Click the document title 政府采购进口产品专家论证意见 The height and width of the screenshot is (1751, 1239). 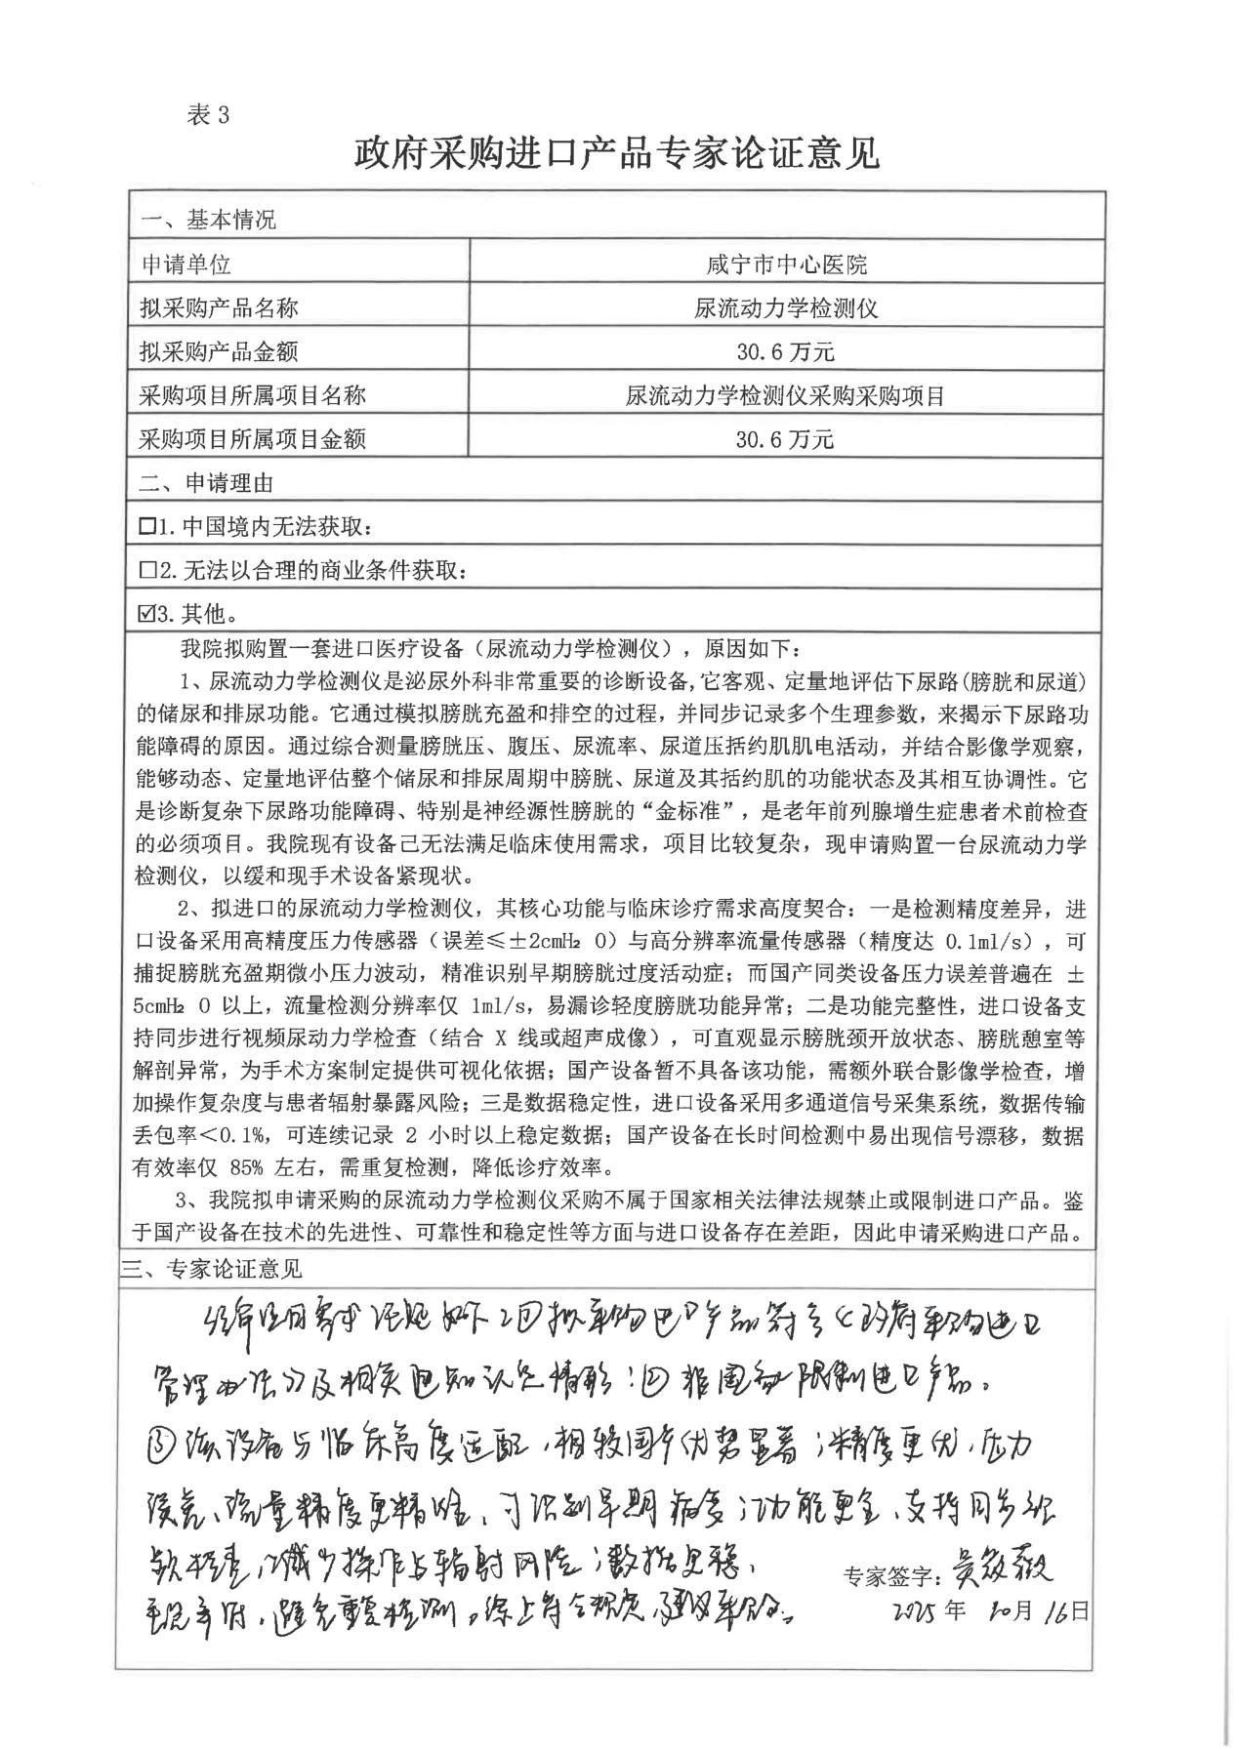click(x=617, y=153)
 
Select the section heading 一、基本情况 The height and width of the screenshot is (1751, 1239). click(x=209, y=221)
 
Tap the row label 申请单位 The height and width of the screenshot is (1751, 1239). click(x=186, y=265)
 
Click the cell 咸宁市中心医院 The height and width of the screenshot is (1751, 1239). click(x=786, y=265)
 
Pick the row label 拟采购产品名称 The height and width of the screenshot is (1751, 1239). click(x=220, y=308)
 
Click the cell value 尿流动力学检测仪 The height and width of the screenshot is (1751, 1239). click(x=786, y=308)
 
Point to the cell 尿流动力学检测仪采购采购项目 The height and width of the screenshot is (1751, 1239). click(x=786, y=396)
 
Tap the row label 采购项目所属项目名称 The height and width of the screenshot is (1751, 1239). click(x=253, y=396)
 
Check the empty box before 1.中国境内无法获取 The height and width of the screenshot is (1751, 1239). click(x=147, y=528)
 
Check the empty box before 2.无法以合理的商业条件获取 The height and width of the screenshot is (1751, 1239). click(x=147, y=571)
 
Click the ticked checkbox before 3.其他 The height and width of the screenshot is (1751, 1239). click(x=147, y=614)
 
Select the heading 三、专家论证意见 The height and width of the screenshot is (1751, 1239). click(x=211, y=1269)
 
